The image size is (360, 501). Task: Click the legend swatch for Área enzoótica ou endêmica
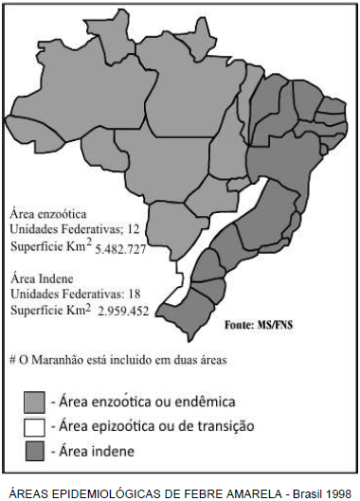pyautogui.click(x=32, y=401)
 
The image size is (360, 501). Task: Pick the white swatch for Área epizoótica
pyautogui.click(x=32, y=426)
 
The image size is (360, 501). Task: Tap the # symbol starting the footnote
pyautogui.click(x=11, y=360)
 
